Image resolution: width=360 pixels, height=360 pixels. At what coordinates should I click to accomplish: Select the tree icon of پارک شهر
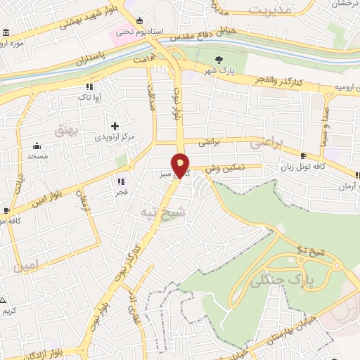pyautogui.click(x=219, y=60)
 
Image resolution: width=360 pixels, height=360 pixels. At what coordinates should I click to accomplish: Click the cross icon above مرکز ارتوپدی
pyautogui.click(x=115, y=125)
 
